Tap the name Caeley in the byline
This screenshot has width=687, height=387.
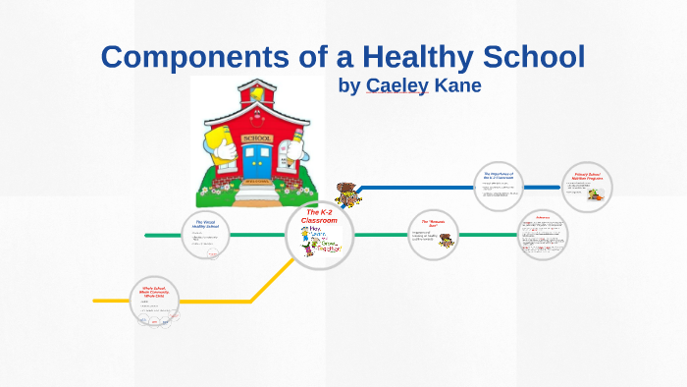pos(396,85)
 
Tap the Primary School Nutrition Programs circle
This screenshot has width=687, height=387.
pos(588,187)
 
